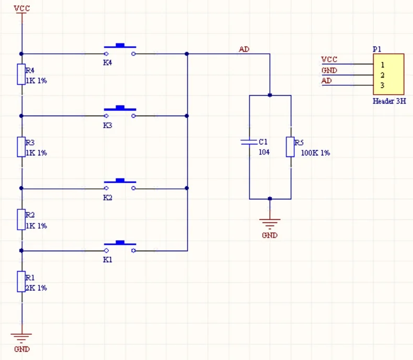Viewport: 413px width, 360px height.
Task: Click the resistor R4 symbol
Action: tap(21, 74)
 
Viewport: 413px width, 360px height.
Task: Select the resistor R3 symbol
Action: tap(21, 147)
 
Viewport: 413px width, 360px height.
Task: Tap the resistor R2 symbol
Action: tap(21, 219)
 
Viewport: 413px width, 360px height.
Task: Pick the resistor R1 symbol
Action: tap(21, 281)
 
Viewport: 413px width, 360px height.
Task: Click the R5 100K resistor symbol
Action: tap(290, 147)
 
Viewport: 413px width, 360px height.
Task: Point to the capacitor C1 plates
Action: tap(249, 142)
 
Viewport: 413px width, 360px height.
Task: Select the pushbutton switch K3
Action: tap(120, 111)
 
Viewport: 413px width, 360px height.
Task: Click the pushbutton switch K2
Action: tap(120, 184)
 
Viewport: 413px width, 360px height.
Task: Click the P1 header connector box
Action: tap(389, 74)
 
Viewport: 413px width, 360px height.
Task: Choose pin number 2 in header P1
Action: tap(383, 75)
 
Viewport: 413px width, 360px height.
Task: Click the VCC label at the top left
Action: tap(21, 9)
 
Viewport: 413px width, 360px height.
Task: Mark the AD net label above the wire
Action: tap(244, 49)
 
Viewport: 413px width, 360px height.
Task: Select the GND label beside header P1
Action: tap(329, 70)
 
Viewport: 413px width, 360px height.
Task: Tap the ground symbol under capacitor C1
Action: tap(270, 223)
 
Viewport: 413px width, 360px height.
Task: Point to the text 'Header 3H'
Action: tap(389, 101)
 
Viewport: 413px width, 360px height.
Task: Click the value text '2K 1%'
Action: tap(36, 288)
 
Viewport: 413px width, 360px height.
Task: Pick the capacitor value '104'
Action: tap(264, 152)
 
